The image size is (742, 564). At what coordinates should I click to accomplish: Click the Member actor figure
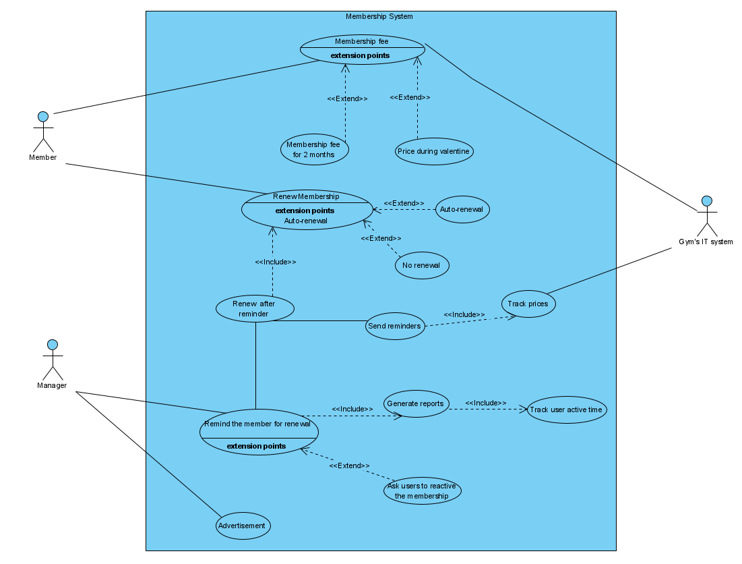click(x=42, y=132)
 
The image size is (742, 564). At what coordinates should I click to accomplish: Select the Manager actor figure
click(x=53, y=360)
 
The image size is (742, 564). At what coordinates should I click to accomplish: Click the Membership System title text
click(x=379, y=16)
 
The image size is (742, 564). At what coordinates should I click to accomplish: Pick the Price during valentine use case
click(x=433, y=151)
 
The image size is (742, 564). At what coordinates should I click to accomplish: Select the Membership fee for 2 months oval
click(x=314, y=150)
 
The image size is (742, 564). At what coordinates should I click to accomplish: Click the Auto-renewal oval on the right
click(x=462, y=209)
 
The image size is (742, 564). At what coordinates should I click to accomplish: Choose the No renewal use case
click(x=421, y=265)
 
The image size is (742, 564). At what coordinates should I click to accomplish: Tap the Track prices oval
click(x=528, y=304)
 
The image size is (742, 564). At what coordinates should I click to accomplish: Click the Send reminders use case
click(x=395, y=326)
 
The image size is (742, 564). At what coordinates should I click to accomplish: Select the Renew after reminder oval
click(x=255, y=309)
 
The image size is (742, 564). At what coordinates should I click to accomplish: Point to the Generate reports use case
click(x=416, y=403)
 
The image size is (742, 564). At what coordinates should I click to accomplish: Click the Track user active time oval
click(x=566, y=410)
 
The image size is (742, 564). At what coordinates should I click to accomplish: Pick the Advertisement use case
click(x=243, y=526)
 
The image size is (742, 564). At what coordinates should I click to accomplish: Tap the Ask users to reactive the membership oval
click(x=422, y=490)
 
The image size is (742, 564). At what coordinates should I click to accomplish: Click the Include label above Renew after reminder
click(x=275, y=262)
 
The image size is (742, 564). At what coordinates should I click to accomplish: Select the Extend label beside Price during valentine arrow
click(x=410, y=97)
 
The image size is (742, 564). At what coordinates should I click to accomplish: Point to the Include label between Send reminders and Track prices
click(x=464, y=314)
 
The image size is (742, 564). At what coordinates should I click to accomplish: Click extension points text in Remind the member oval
click(x=256, y=446)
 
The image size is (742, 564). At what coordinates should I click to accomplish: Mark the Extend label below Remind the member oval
click(x=349, y=466)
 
